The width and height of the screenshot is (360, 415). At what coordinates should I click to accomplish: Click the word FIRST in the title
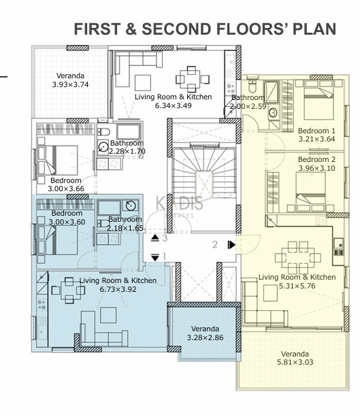tap(97, 29)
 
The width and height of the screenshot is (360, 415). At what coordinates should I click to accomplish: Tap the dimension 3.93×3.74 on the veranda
tap(70, 84)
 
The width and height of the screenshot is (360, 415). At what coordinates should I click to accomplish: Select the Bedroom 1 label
tap(316, 131)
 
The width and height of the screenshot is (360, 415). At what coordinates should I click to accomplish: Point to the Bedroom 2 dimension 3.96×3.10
tap(317, 168)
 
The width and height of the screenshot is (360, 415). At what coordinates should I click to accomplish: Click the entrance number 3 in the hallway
tap(165, 238)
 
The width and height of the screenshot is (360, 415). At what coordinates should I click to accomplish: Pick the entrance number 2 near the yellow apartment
tap(215, 244)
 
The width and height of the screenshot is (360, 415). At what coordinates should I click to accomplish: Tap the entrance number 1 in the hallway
tap(165, 256)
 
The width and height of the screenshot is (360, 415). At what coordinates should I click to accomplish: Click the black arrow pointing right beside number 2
tap(231, 245)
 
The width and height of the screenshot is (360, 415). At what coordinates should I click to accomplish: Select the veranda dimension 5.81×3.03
tap(295, 362)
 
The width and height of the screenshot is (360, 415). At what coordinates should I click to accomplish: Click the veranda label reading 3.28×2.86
tap(205, 337)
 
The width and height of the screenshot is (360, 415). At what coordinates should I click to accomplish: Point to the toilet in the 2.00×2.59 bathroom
tap(252, 84)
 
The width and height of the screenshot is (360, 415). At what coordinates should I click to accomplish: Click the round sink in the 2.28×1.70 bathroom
tap(103, 147)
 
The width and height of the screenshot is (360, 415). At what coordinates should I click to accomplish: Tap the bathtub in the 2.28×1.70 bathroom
tap(129, 131)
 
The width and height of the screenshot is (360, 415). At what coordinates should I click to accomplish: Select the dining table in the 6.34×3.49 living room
tap(193, 79)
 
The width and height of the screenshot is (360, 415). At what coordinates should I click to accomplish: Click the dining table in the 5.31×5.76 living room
tap(298, 258)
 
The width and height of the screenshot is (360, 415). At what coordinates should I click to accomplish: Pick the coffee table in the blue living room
tap(108, 315)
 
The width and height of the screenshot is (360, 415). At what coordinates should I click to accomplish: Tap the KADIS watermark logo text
tap(180, 203)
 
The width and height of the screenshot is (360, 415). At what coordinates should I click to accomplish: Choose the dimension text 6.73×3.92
tap(118, 289)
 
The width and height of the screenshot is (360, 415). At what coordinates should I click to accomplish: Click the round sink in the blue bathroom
tap(131, 205)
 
